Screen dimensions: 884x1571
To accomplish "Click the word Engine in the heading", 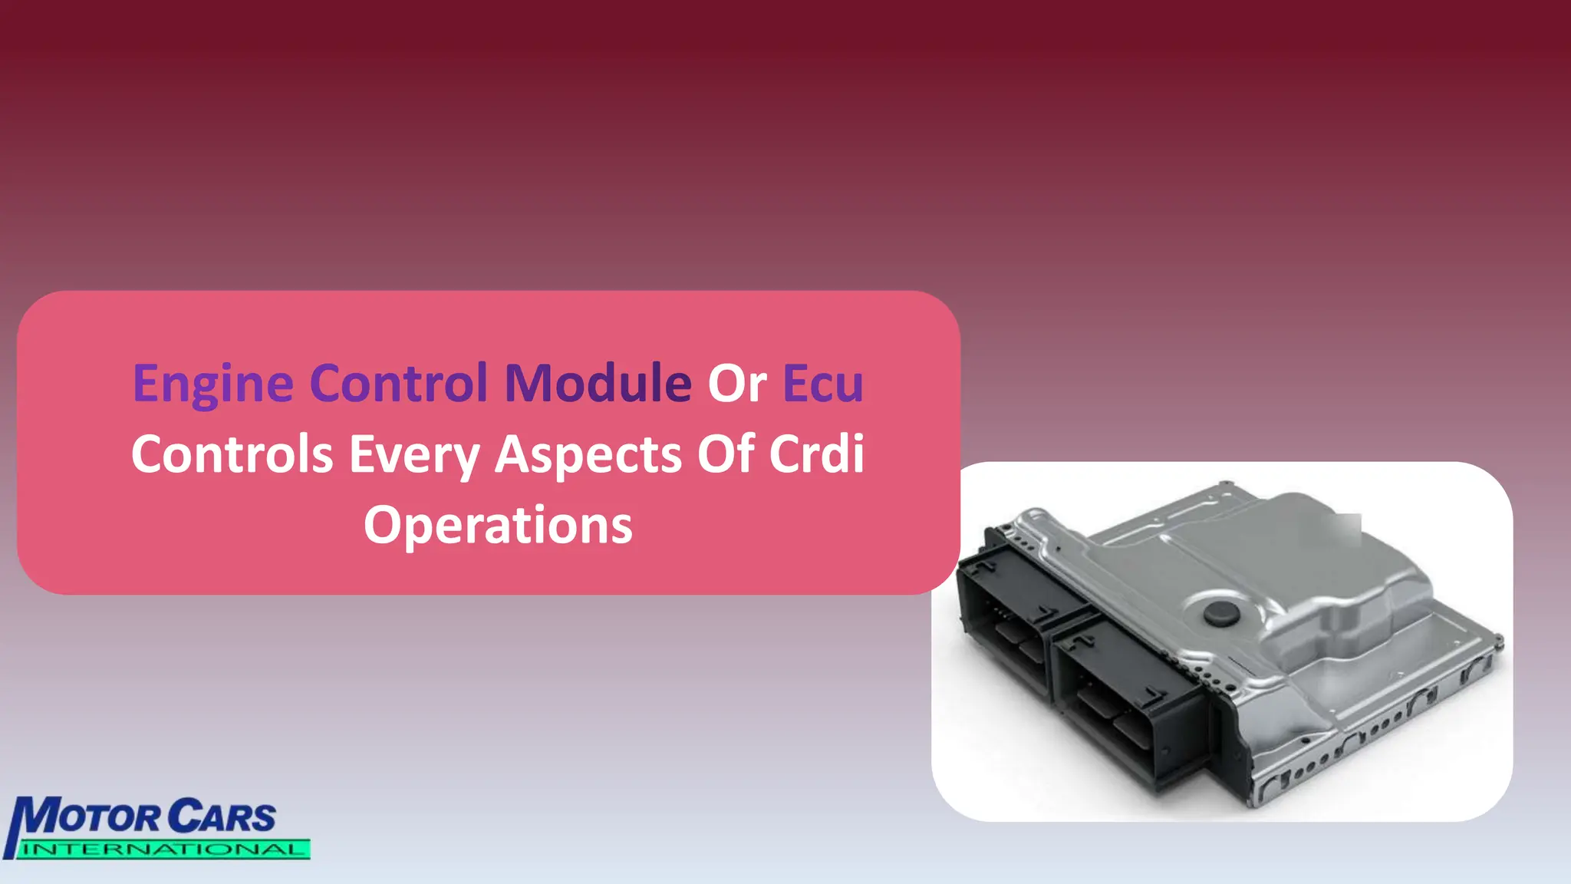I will [212, 384].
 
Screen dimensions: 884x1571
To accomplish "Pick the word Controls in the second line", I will [232, 454].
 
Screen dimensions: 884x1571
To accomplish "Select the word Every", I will [414, 455].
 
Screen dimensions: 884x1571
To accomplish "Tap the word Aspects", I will [588, 455].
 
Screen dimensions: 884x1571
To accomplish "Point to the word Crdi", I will [817, 454].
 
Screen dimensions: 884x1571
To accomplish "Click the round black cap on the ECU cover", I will [1220, 612].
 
